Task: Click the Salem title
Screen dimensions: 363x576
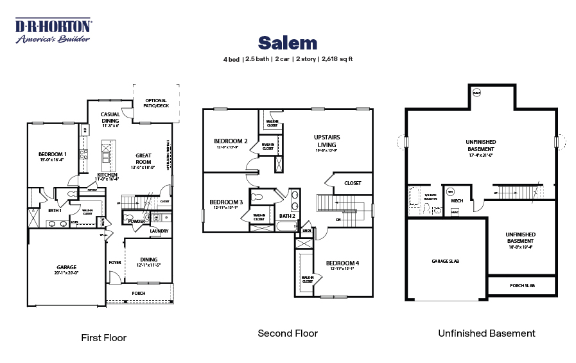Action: pyautogui.click(x=288, y=43)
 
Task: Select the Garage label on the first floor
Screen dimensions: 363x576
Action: pyautogui.click(x=66, y=267)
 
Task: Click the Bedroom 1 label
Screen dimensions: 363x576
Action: pyautogui.click(x=53, y=154)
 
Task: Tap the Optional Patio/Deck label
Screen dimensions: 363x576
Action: pyautogui.click(x=156, y=103)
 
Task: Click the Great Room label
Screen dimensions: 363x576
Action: pyautogui.click(x=143, y=159)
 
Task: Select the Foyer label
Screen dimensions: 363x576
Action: pyautogui.click(x=115, y=262)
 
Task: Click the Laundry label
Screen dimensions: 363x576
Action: pyautogui.click(x=159, y=231)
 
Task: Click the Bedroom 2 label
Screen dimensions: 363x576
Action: pyautogui.click(x=231, y=141)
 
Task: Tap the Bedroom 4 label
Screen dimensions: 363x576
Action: pyautogui.click(x=343, y=263)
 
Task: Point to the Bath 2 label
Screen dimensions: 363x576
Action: pyautogui.click(x=287, y=216)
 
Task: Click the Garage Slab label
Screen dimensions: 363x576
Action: pyautogui.click(x=445, y=261)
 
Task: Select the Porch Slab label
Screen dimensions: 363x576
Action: pyautogui.click(x=523, y=285)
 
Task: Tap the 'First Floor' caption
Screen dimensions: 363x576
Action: pyautogui.click(x=103, y=337)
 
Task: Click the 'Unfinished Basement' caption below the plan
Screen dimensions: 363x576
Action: pyautogui.click(x=486, y=333)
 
